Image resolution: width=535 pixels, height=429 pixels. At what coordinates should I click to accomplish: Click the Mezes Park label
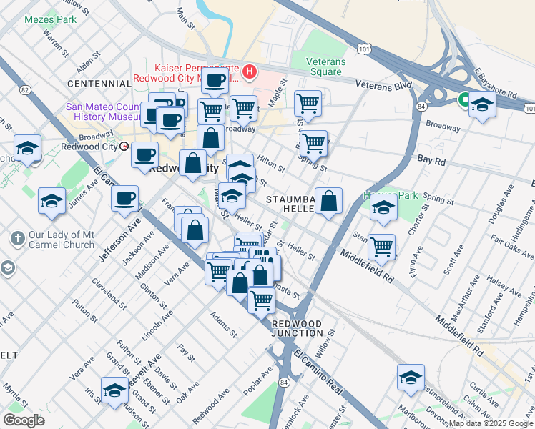(50, 19)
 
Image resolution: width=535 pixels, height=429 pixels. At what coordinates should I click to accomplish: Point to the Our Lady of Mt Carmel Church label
(63, 240)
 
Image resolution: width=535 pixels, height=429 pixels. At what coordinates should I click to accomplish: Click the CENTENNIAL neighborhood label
(99, 84)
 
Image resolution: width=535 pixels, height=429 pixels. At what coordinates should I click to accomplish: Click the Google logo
(24, 420)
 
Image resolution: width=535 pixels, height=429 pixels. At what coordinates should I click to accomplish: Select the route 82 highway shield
(26, 89)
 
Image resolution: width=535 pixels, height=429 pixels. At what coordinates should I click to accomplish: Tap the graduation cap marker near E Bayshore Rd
(483, 105)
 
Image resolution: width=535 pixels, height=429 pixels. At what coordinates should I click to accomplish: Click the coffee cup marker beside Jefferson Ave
(125, 198)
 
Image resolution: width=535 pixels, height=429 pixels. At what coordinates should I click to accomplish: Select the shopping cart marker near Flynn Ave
(382, 247)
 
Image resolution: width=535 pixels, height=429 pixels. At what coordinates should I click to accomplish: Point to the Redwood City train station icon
(124, 146)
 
